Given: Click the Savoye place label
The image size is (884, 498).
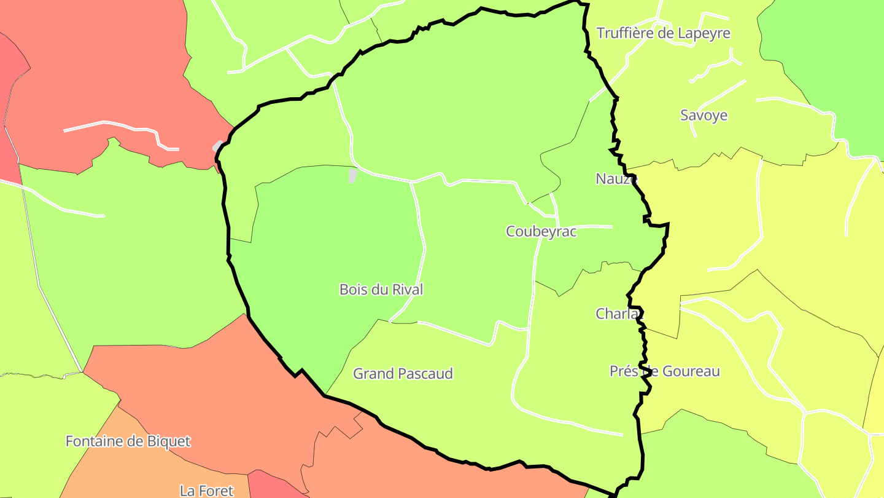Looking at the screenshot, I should click(704, 116).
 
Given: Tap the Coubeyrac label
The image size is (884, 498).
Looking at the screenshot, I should click(541, 232).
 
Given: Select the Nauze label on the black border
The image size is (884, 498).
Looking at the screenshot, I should click(616, 179).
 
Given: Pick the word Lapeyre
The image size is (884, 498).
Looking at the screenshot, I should click(704, 33).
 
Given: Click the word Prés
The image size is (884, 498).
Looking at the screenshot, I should click(623, 371).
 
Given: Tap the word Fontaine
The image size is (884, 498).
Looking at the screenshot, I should click(92, 441).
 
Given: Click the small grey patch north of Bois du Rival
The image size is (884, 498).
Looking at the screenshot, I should click(353, 176).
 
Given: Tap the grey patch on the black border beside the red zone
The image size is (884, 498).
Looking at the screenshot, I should click(218, 146).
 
